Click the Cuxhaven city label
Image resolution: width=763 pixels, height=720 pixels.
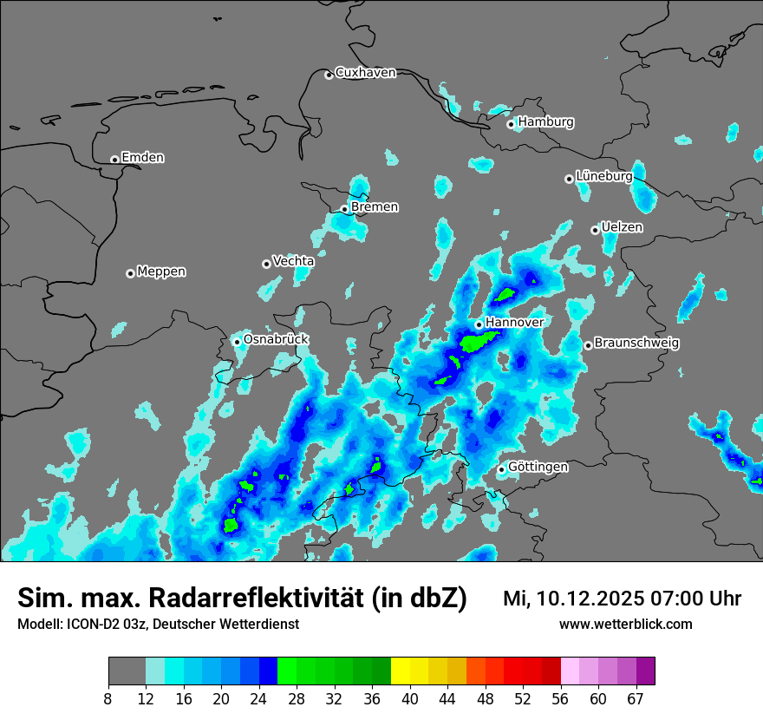pos(365,73)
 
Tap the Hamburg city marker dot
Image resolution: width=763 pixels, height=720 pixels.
pos(511,124)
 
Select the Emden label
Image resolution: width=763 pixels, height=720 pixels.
pos(142,158)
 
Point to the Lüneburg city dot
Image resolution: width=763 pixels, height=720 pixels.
pos(569,179)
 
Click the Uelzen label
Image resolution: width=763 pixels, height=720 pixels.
pos(622,227)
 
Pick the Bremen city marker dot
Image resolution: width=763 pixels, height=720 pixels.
pos(344,209)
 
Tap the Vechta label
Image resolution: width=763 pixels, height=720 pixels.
pos(293,261)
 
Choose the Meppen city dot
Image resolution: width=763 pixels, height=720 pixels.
pos(130,273)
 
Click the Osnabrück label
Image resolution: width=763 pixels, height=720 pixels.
pos(276,339)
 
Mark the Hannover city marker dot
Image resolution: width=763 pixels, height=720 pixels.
pos(479,324)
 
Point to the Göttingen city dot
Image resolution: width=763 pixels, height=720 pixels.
pos(501,469)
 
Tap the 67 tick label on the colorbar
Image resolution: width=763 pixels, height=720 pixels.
pos(636,699)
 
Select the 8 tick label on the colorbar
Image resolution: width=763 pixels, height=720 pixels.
pos(108,699)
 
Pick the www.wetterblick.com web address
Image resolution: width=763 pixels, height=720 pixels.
pos(625,625)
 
